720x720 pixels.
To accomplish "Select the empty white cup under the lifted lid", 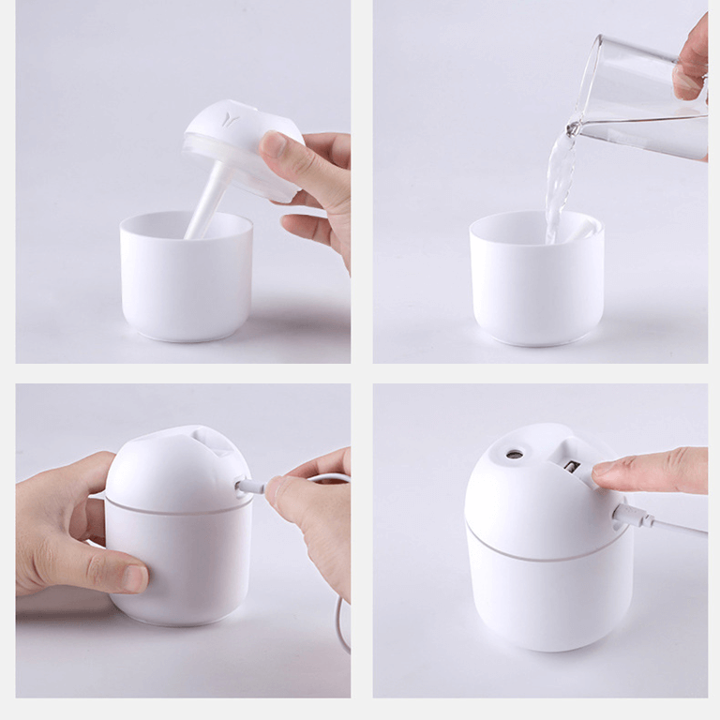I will coord(187,281).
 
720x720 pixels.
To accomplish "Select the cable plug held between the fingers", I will coord(251,487).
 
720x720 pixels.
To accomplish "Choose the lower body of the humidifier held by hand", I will coord(178,562).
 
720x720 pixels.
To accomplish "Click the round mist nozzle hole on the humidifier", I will coord(514,454).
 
